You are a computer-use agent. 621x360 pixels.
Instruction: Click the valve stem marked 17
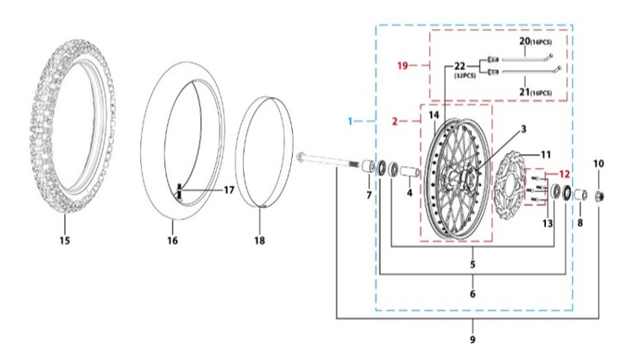(181, 192)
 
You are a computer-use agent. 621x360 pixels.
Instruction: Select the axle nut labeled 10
(600, 196)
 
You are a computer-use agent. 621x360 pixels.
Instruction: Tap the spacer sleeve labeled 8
(580, 196)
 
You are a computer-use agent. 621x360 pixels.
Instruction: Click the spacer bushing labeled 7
(368, 172)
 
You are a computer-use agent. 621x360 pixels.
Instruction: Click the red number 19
(403, 65)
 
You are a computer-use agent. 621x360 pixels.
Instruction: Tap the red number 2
(394, 121)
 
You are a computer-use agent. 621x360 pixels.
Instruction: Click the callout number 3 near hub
(499, 129)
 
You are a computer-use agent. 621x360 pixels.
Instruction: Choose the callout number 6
(472, 294)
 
